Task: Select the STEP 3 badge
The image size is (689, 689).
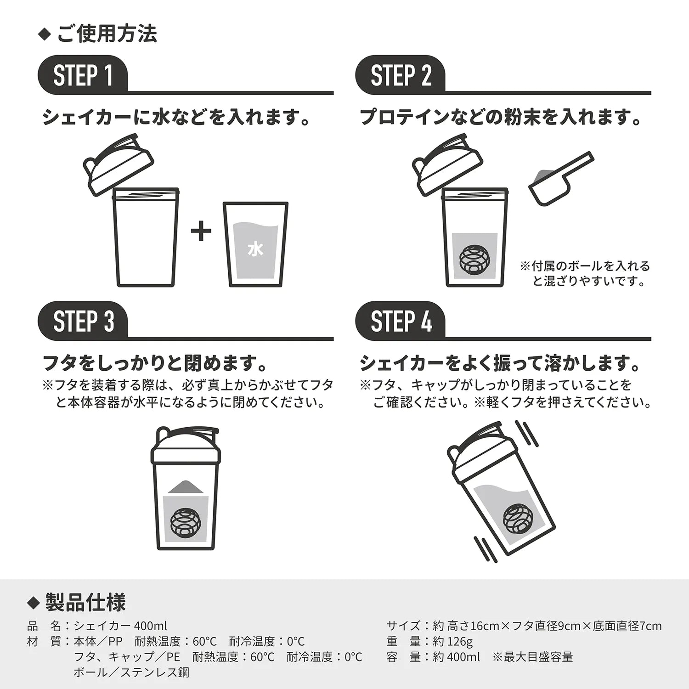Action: point(83,321)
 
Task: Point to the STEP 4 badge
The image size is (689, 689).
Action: point(401,321)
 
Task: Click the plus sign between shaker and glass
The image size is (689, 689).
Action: point(201,231)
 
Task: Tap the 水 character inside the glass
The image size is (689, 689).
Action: point(255,249)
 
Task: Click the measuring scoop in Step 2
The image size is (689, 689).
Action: point(561,177)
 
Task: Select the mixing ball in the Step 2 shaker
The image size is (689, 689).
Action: point(475,260)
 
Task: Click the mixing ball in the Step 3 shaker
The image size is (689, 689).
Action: point(186,522)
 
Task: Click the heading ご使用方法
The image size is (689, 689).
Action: point(107,34)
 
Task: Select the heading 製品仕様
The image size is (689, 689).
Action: point(86,602)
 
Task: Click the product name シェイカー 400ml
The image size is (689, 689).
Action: point(120,626)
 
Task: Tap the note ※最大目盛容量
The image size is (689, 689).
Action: point(533,657)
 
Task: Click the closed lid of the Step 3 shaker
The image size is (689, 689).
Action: point(186,446)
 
